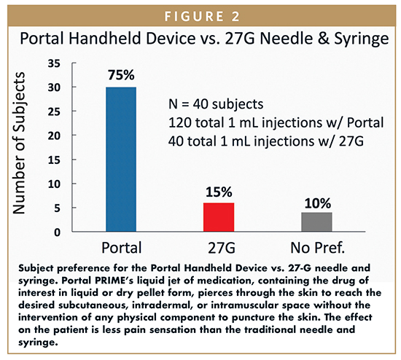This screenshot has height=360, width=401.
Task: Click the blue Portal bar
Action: click(121, 160)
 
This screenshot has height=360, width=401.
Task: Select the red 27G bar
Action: click(219, 217)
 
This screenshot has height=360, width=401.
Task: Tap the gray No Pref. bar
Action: click(316, 222)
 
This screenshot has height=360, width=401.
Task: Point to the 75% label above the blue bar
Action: click(121, 75)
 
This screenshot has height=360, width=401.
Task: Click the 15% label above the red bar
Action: click(219, 192)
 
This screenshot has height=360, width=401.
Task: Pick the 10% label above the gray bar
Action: click(318, 203)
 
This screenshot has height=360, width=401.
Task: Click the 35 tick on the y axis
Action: click(54, 63)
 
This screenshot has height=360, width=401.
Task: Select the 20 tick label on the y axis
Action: click(54, 136)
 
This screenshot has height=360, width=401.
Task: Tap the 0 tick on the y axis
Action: click(58, 232)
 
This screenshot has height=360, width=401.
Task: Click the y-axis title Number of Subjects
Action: click(19, 143)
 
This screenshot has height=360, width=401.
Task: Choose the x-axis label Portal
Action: click(122, 248)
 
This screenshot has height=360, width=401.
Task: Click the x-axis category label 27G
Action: click(222, 248)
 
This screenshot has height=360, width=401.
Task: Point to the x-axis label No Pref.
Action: click(318, 248)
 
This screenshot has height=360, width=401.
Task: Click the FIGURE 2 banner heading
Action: click(202, 17)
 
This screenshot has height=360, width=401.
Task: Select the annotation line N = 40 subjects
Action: click(216, 104)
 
